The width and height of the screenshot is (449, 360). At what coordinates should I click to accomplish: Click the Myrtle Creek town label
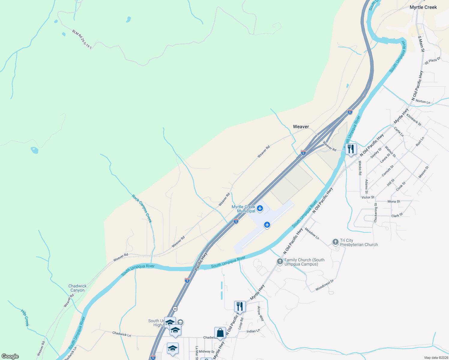[x=423, y=7]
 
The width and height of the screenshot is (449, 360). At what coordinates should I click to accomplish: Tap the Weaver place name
[x=301, y=127]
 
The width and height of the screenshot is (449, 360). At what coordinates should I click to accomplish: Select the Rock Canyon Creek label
[x=142, y=209]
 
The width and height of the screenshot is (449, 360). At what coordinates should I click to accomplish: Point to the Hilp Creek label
[x=25, y=317]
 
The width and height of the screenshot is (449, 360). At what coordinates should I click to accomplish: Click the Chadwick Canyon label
[x=77, y=288]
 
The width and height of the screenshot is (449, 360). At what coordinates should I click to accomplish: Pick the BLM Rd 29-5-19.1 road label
[x=82, y=39]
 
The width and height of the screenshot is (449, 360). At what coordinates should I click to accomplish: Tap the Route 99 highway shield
[x=175, y=309]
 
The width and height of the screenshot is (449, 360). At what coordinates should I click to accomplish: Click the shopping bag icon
[x=220, y=333]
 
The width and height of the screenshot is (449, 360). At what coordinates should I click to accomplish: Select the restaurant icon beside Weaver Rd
[x=351, y=149]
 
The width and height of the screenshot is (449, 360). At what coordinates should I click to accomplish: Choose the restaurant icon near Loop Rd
[x=240, y=306]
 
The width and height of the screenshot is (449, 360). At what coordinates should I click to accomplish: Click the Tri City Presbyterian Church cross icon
[x=336, y=242]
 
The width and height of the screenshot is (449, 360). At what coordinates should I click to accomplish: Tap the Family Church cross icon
[x=280, y=262]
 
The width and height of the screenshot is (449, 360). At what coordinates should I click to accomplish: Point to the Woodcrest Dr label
[x=324, y=285]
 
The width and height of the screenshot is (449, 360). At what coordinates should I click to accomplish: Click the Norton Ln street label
[x=423, y=102]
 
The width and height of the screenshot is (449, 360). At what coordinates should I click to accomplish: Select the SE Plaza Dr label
[x=432, y=61]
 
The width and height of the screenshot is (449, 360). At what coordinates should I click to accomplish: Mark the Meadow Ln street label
[x=312, y=233]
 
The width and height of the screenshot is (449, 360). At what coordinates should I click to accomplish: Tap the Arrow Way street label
[x=261, y=314]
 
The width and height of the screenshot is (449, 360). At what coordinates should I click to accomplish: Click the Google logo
[x=10, y=356]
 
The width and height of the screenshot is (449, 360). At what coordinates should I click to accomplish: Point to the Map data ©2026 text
[x=436, y=358]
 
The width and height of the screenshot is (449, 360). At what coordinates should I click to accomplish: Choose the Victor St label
[x=368, y=197]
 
